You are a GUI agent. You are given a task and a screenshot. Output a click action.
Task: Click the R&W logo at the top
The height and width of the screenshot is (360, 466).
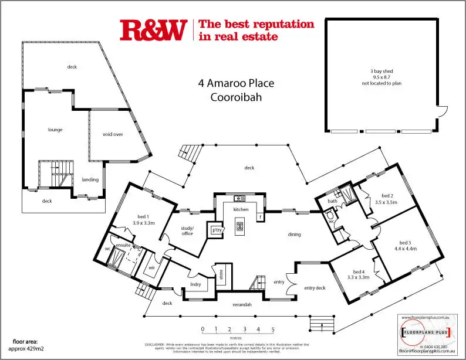coord(153,30)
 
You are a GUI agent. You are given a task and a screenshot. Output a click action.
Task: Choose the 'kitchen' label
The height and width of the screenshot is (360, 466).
coord(241,209)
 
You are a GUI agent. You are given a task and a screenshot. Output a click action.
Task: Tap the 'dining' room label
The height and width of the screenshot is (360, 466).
coord(294,235)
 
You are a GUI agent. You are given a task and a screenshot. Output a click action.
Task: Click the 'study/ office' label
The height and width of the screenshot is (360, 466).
coord(187,231)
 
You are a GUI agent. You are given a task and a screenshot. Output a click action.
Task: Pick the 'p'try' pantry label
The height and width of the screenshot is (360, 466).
coord(216,230)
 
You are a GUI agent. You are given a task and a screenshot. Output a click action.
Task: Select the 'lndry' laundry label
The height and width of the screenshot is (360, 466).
coord(196,285)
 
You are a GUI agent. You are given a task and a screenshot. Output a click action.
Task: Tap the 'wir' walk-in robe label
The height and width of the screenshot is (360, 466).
coord(151,267)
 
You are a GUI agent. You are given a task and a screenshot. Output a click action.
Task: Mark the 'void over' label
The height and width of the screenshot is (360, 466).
coord(113,134)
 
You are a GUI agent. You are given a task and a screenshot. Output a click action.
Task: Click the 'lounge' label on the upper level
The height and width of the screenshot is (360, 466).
coord(55,130)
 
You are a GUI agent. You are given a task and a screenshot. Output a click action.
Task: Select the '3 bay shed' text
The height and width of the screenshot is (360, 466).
coord(381,71)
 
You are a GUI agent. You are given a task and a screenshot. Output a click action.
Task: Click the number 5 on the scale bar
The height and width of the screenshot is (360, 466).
coord(272,330)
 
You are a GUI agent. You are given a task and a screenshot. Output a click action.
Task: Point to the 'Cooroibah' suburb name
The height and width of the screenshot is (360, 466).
coord(236,97)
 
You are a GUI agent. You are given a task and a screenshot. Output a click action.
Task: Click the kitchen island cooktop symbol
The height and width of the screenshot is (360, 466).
coord(239,226)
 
